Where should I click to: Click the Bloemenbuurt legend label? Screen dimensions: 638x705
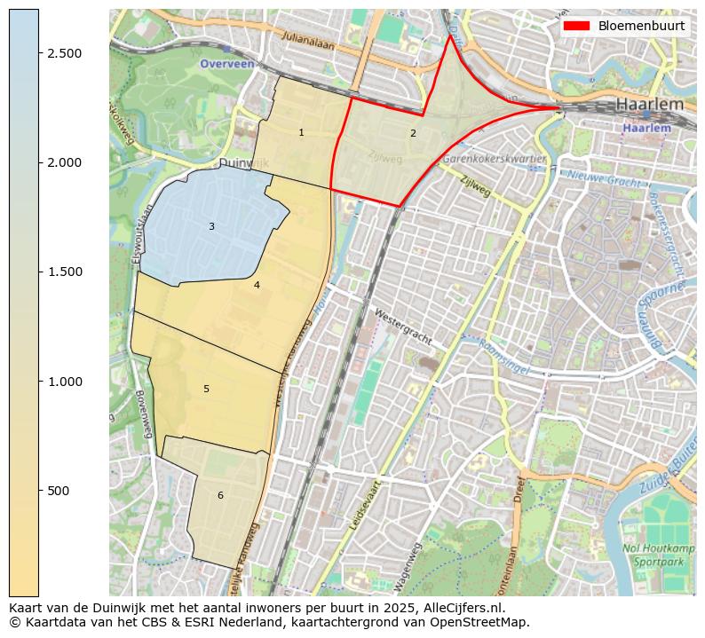click(641, 26)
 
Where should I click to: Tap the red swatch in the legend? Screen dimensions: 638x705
click(576, 26)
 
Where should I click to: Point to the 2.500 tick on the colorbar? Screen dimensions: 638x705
click(65, 53)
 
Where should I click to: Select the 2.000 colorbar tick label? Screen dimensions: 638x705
click(65, 162)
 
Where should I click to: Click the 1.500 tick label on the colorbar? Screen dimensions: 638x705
click(65, 272)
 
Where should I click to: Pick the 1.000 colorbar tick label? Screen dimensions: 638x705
click(65, 382)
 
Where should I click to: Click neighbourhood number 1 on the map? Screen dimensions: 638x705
click(301, 133)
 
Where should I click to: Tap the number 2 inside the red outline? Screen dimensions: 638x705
click(413, 133)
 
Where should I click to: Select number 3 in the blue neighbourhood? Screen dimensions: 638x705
click(211, 227)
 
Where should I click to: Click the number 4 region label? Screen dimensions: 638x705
click(257, 285)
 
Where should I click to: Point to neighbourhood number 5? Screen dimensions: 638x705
click(206, 389)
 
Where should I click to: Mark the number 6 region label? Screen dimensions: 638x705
click(220, 495)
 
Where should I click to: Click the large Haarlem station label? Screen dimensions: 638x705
click(650, 105)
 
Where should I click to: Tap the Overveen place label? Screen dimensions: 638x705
click(226, 64)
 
